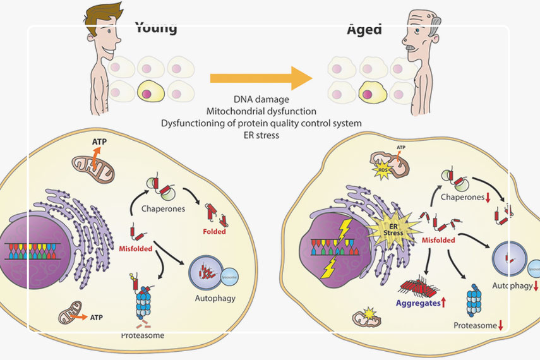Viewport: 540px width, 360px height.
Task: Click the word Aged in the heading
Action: click(364, 28)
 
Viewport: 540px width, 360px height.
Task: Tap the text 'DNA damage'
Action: click(261, 100)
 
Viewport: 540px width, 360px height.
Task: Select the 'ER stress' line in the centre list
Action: click(261, 134)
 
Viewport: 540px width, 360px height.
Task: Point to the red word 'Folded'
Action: click(215, 231)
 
